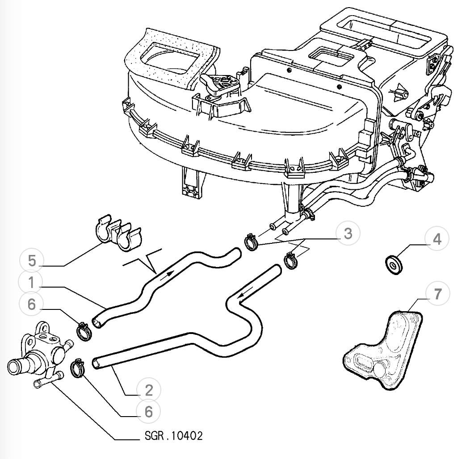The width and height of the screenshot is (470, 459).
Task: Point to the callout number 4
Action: (436, 240)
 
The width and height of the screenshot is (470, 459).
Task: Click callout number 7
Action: (436, 293)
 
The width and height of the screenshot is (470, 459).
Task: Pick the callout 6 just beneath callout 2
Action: (148, 412)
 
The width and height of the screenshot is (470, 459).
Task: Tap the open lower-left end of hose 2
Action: (96, 364)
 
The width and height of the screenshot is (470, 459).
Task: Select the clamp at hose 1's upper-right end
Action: (252, 242)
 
